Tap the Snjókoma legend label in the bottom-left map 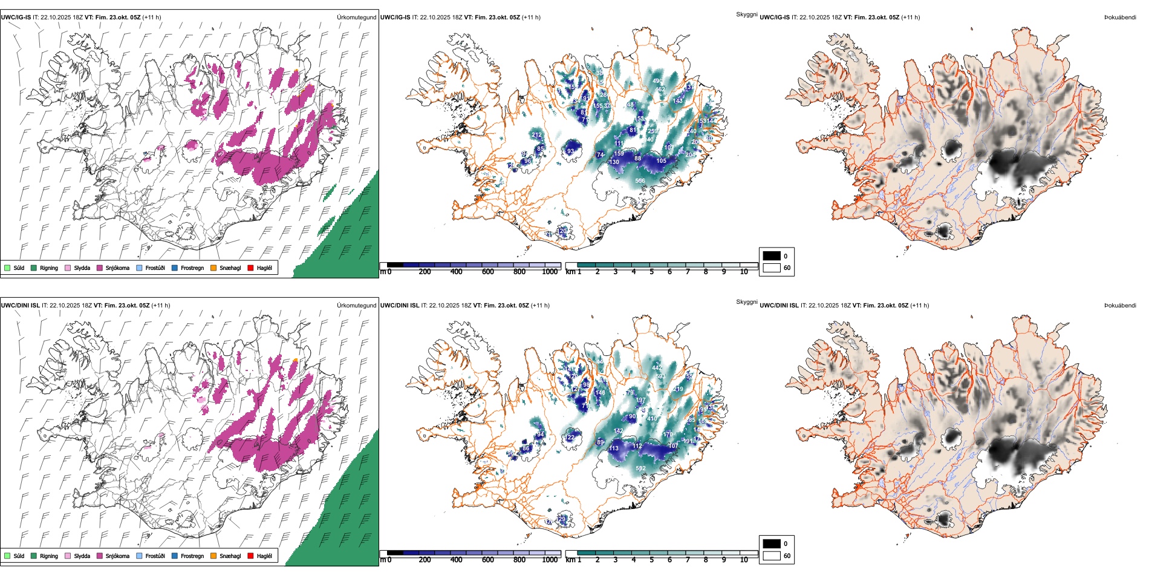pos(117,556)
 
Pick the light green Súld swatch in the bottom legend pos(7,556)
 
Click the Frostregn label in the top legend pos(192,268)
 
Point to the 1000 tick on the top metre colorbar pos(550,272)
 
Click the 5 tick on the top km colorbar pos(651,272)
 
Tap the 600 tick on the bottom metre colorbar pos(488,560)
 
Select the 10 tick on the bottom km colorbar pos(744,560)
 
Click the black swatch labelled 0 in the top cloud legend pos(772,256)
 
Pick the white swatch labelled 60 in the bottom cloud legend pos(772,556)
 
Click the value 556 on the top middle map pos(640,181)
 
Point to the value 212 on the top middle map pos(536,135)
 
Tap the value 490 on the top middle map pos(657,81)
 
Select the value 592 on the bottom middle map pos(640,468)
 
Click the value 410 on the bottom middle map pos(652,419)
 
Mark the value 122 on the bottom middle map pos(570,437)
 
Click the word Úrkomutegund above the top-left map pos(356,18)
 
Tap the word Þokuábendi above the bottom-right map pos(1120,306)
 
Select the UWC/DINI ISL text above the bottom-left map pos(20,306)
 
